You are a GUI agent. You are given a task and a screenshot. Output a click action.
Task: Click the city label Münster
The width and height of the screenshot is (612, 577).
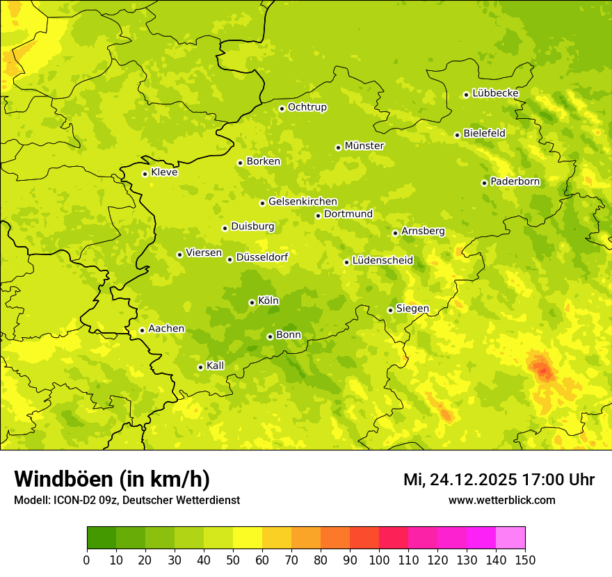pyautogui.click(x=364, y=146)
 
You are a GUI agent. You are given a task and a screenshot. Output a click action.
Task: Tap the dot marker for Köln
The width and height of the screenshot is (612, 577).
pyautogui.click(x=252, y=302)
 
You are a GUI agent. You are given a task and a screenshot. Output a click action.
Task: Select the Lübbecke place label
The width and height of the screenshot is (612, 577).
pyautogui.click(x=495, y=93)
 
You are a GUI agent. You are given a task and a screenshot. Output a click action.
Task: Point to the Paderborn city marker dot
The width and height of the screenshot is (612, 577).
pyautogui.click(x=484, y=183)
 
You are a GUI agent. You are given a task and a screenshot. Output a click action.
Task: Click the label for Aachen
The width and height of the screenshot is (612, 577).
pyautogui.click(x=166, y=329)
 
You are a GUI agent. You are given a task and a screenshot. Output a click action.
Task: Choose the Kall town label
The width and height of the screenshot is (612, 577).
pyautogui.click(x=216, y=366)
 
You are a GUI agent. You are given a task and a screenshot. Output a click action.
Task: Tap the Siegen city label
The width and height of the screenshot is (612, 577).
pyautogui.click(x=412, y=309)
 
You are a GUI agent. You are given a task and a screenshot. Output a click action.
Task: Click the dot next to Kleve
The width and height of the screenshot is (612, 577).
pyautogui.click(x=145, y=174)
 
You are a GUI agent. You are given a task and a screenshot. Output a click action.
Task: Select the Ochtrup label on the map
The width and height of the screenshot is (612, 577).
pyautogui.click(x=307, y=107)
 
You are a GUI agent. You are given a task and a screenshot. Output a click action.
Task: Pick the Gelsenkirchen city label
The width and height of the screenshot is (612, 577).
pyautogui.click(x=303, y=202)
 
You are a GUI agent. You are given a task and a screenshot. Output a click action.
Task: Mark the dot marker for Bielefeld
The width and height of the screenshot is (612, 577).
pyautogui.click(x=457, y=135)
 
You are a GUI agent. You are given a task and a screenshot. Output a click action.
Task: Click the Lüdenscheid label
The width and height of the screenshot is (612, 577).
pyautogui.click(x=382, y=261)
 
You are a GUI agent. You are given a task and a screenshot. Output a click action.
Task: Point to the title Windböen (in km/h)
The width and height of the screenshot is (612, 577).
pyautogui.click(x=112, y=479)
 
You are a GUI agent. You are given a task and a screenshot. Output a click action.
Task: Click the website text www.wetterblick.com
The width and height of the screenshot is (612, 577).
pyautogui.click(x=501, y=501)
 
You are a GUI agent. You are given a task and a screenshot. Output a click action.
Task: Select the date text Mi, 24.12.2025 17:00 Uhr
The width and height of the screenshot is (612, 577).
pyautogui.click(x=499, y=480)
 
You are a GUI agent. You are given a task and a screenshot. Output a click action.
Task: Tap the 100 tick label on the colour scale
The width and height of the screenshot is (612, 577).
pyautogui.click(x=379, y=560)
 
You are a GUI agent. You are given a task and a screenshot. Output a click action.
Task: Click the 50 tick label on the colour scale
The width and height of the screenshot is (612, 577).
pyautogui.click(x=233, y=560)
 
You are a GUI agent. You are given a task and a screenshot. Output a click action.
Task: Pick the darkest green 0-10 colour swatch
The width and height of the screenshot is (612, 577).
pyautogui.click(x=102, y=538)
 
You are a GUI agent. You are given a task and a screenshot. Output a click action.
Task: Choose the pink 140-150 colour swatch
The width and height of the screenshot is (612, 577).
pyautogui.click(x=510, y=538)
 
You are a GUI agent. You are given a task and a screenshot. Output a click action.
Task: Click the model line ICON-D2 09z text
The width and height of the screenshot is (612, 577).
pyautogui.click(x=127, y=501)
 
